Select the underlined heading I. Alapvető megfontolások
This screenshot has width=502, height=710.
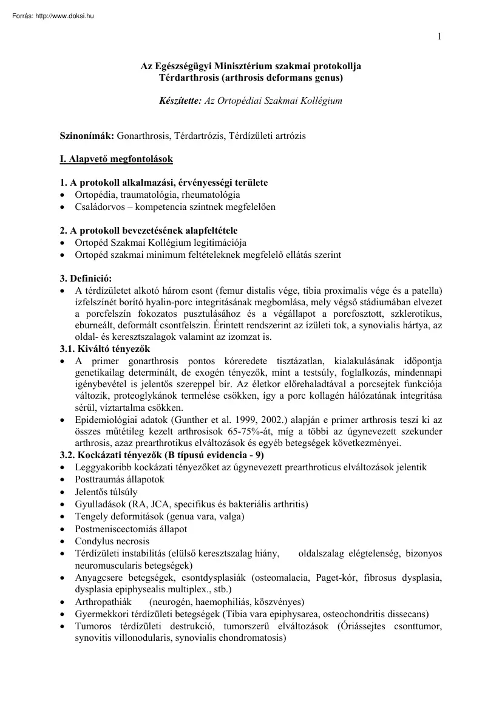click(x=112, y=159)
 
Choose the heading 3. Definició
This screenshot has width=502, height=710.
click(x=86, y=278)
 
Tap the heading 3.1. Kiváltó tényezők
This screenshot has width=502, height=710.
click(x=104, y=349)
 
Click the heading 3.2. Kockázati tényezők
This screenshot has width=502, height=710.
click(x=112, y=455)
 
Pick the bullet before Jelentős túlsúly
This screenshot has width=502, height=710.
click(x=63, y=492)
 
